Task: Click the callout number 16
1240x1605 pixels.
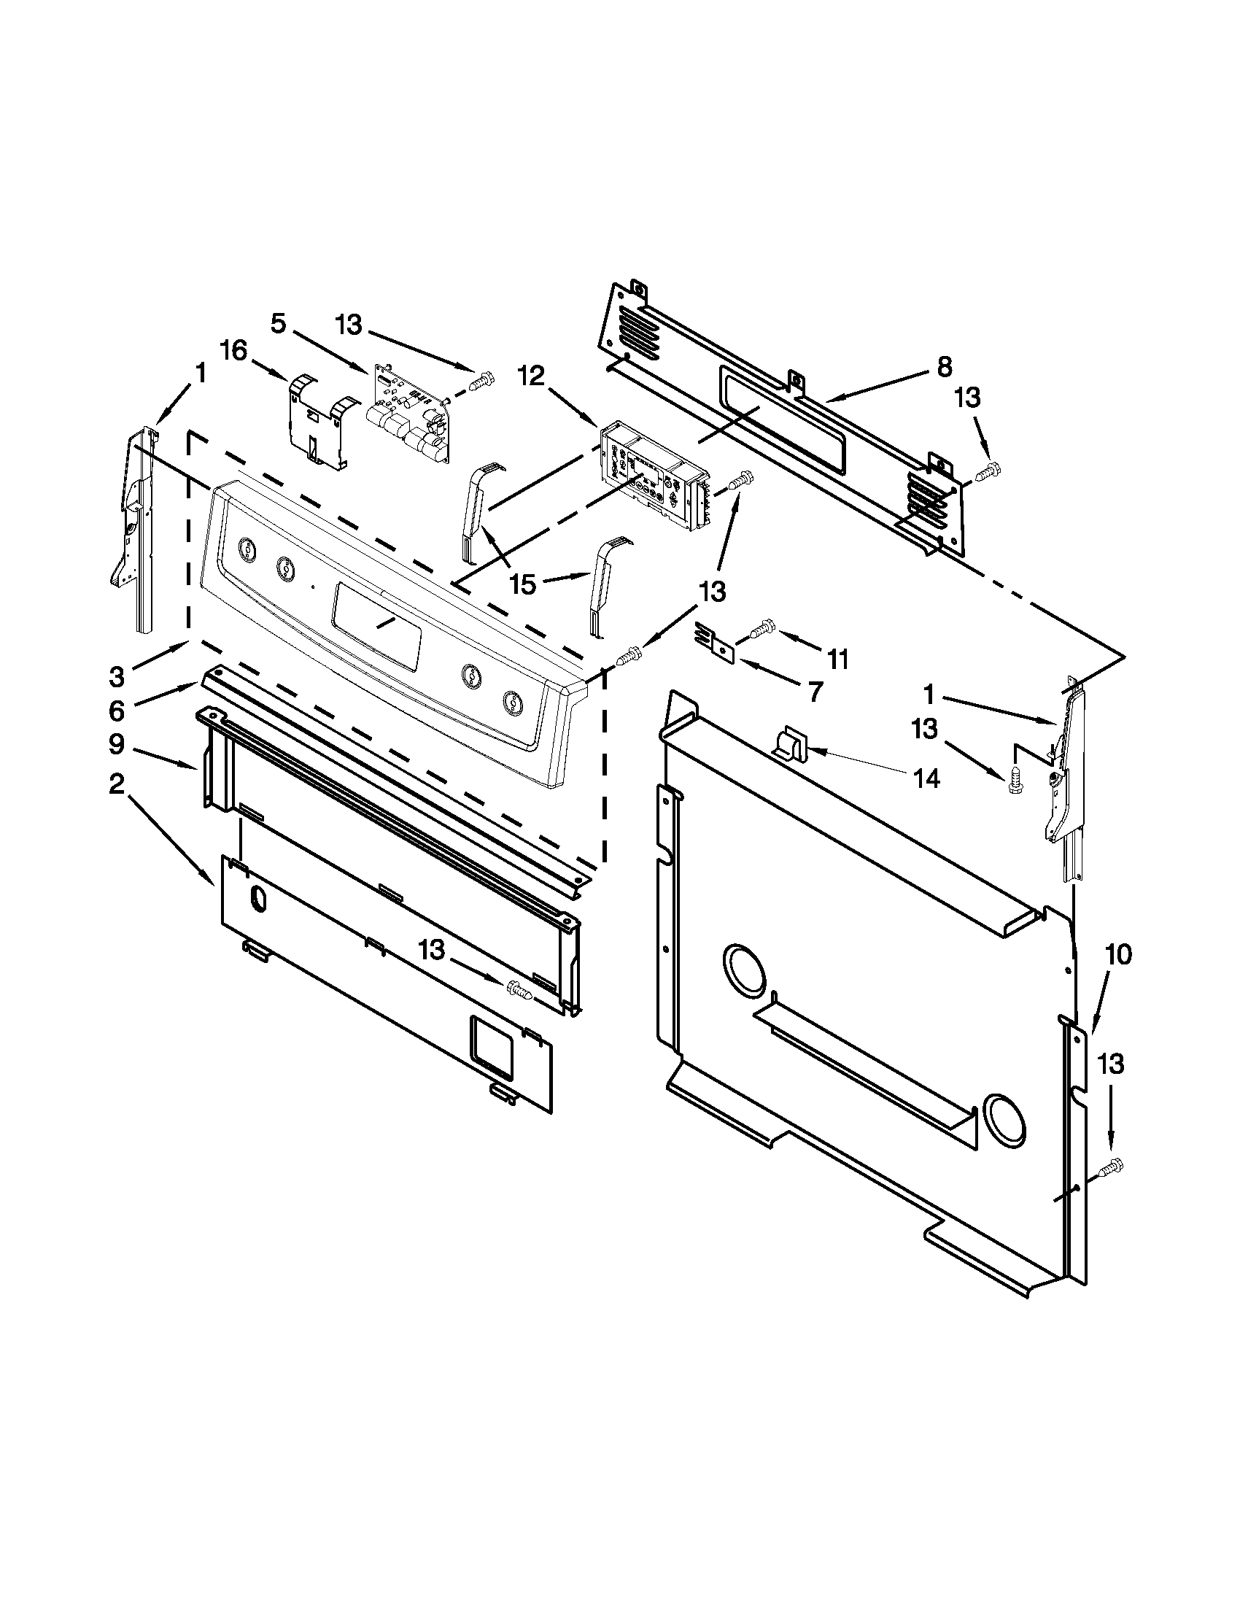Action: point(233,350)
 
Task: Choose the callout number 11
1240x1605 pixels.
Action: point(837,659)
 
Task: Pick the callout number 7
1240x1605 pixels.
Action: point(814,691)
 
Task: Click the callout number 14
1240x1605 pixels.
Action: point(928,778)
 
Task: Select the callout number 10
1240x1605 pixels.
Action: point(1120,956)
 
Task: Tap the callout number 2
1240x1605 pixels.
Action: point(116,785)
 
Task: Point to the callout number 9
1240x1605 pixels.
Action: point(116,745)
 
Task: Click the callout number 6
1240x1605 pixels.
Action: point(116,710)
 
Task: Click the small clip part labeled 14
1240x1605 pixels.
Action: point(790,743)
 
